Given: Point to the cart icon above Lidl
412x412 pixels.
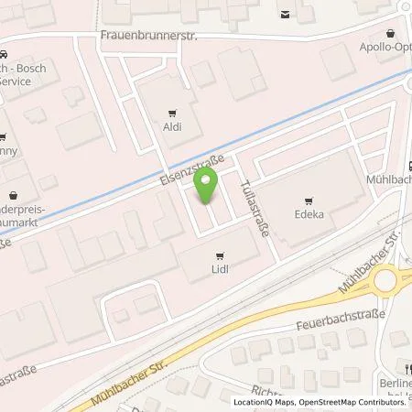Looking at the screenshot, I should [218, 256].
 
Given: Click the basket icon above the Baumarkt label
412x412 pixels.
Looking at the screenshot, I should [12, 194].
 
